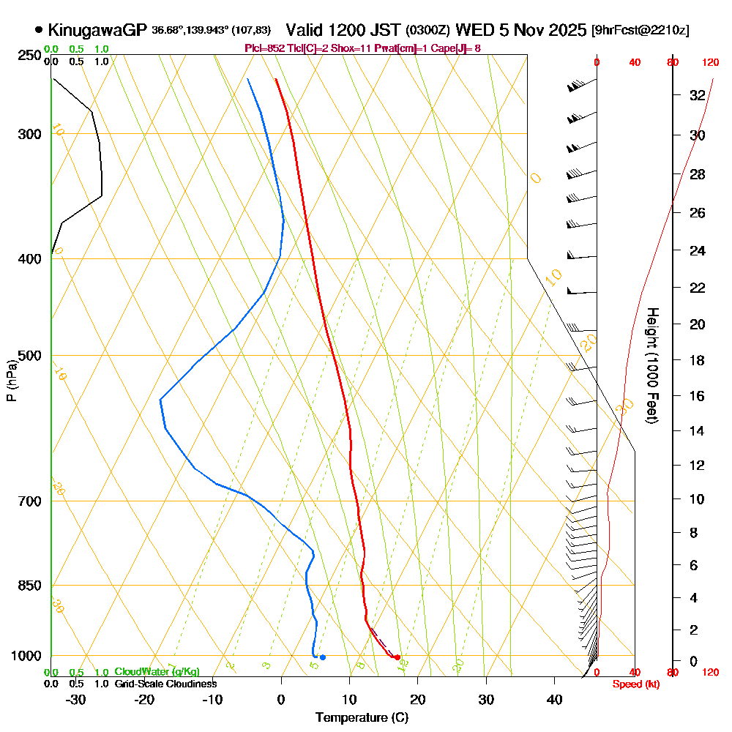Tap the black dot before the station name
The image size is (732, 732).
tap(39, 30)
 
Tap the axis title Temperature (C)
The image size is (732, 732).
tap(362, 717)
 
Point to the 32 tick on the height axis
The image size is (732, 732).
tap(697, 95)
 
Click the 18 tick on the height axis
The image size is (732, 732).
tap(697, 360)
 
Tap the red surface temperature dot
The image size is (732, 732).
tap(397, 657)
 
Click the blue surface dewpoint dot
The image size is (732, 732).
tap(322, 657)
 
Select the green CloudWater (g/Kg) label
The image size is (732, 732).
tap(157, 671)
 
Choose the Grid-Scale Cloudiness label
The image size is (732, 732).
tap(165, 684)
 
